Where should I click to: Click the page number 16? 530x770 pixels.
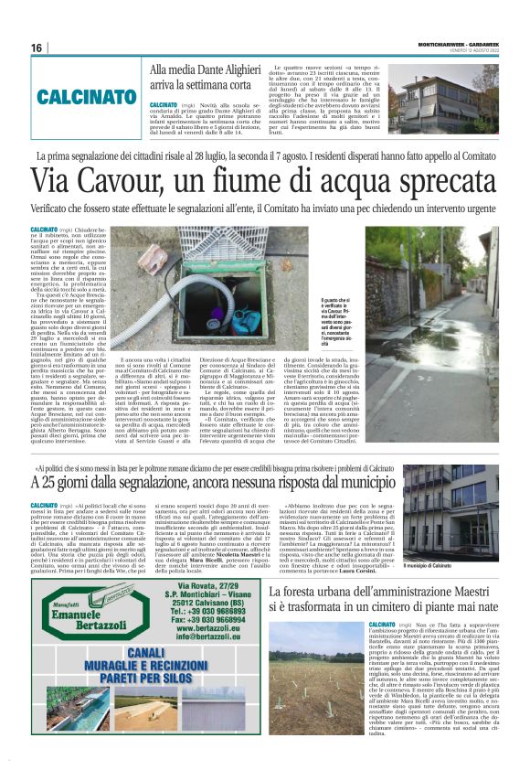[37, 48]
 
